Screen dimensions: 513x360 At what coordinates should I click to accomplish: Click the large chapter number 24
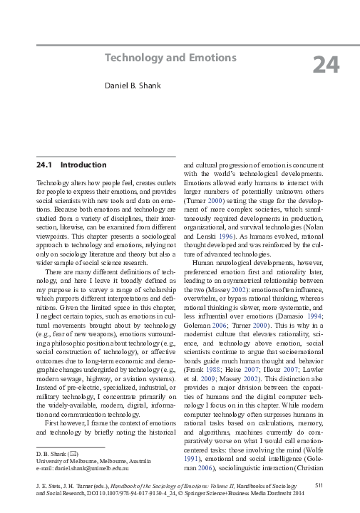pos(326,65)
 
